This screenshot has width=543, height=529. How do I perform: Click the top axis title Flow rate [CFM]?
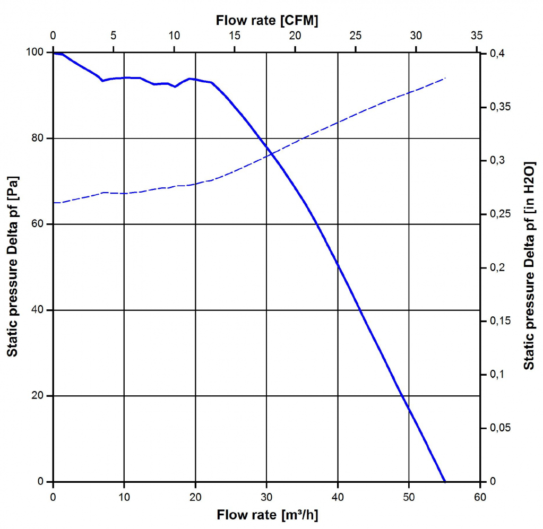point(267,20)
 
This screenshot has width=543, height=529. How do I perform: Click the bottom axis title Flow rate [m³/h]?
point(267,515)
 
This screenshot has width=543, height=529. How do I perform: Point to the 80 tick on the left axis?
point(42,138)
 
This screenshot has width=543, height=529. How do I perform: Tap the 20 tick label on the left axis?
point(42,396)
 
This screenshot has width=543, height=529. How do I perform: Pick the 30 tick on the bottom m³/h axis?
point(266,497)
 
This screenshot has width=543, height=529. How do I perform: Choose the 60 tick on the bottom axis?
point(480,497)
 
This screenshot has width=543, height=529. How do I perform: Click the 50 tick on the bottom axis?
point(409,497)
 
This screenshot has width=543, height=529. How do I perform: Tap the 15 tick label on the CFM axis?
point(235,36)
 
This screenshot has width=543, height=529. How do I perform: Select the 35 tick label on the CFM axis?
point(477,36)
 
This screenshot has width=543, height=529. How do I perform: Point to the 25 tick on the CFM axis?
point(356,36)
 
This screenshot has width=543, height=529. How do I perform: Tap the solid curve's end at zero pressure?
point(444,481)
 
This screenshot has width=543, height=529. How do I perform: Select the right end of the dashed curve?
point(445,78)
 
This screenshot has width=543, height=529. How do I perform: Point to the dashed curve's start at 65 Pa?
point(54,203)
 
